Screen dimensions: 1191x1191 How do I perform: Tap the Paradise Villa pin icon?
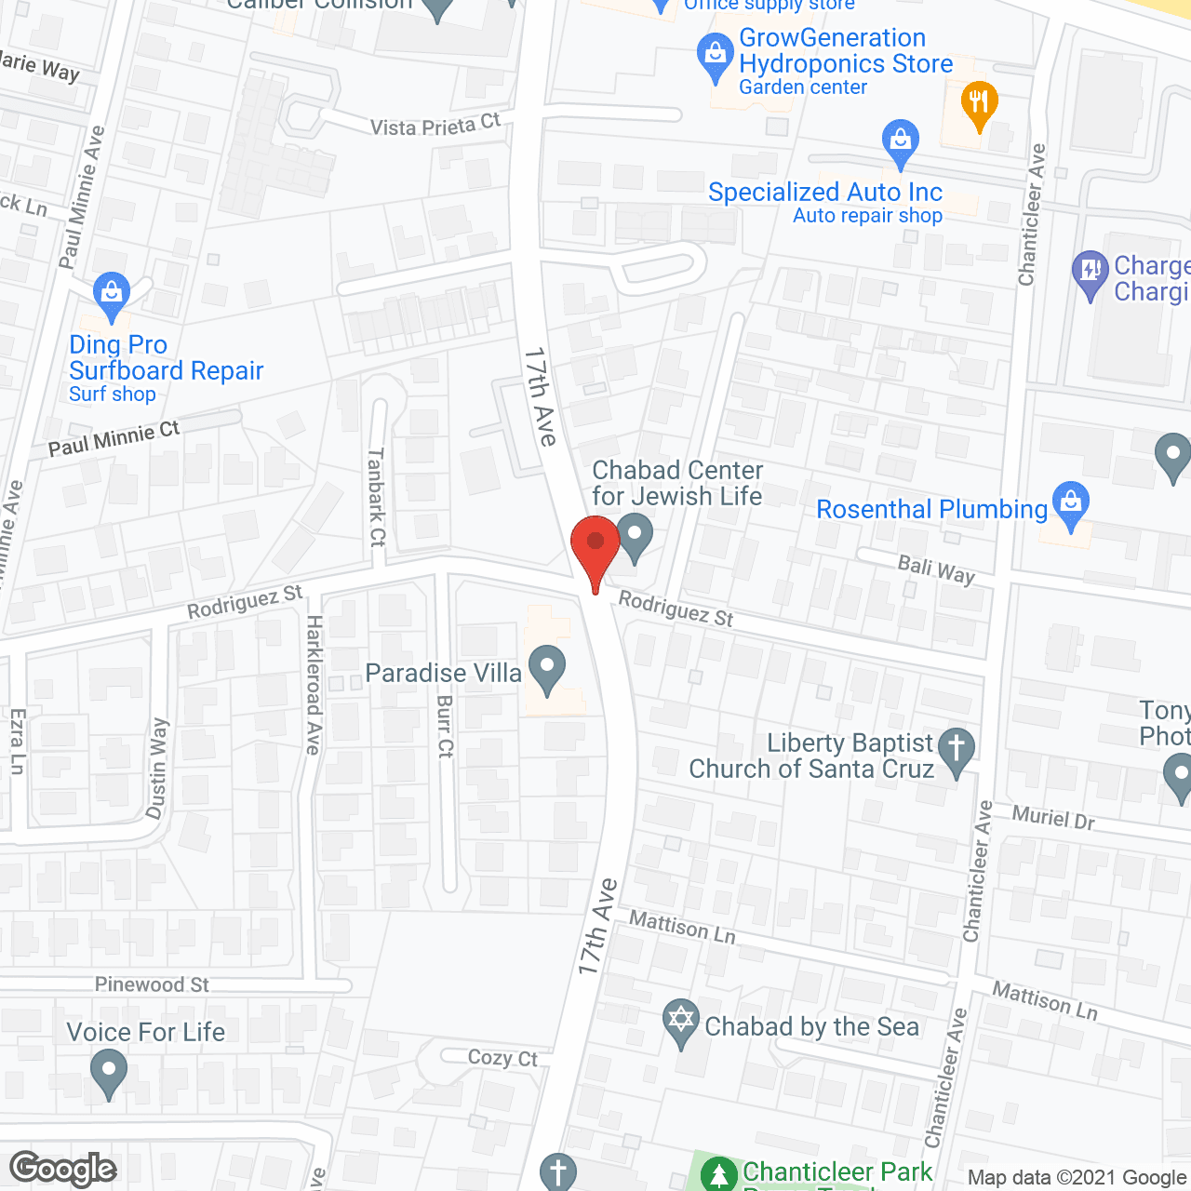[x=547, y=668]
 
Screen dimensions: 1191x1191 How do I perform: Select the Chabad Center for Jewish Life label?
[x=677, y=483]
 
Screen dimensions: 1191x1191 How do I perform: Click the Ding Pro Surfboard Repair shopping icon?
[x=112, y=292]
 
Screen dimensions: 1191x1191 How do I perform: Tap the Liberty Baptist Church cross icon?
[x=956, y=750]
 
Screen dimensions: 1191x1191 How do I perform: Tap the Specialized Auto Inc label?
[x=825, y=193]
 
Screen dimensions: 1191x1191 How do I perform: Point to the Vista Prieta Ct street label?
[x=435, y=126]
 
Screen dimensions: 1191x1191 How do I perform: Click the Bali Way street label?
[x=936, y=569]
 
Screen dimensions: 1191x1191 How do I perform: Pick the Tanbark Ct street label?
[x=376, y=497]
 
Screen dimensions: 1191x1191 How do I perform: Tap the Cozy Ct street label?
[x=502, y=1058]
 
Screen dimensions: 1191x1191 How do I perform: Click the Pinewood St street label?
[x=152, y=984]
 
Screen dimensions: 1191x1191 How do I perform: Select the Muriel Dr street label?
[x=1053, y=818]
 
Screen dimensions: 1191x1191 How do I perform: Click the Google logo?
[x=63, y=1169]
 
